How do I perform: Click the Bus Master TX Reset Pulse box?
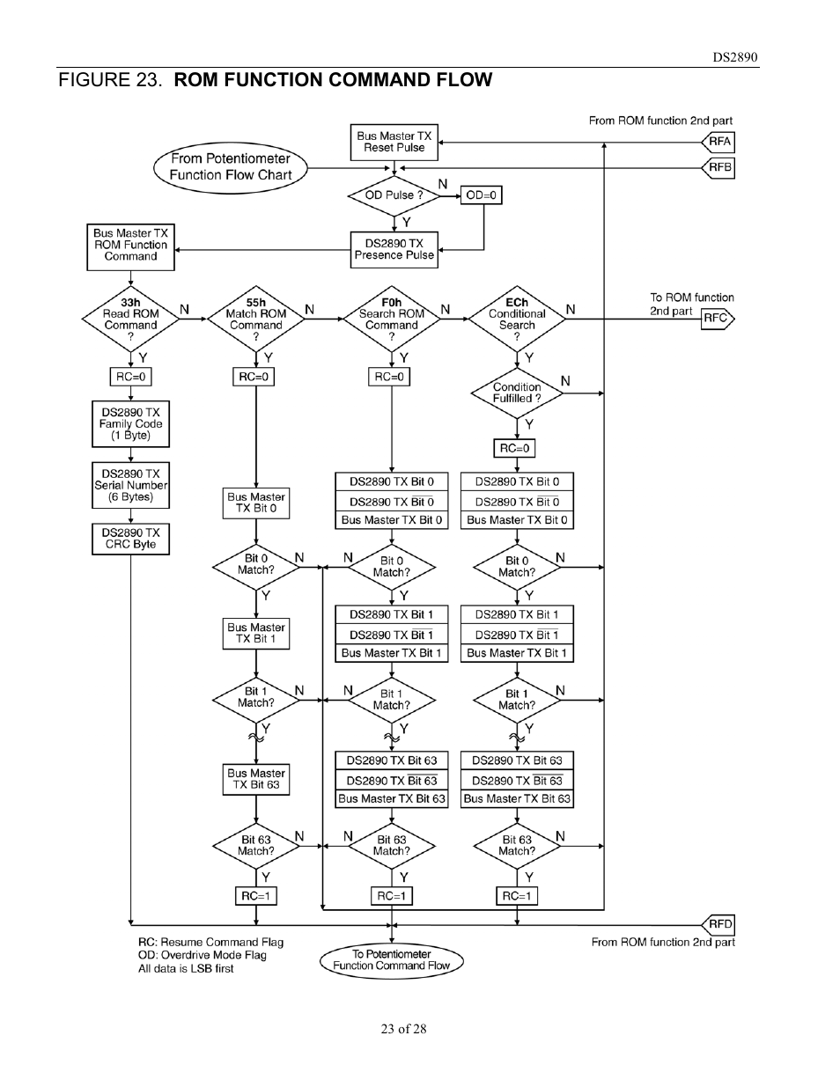pos(394,142)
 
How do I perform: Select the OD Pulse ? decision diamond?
pos(394,195)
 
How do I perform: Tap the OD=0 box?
pos(481,195)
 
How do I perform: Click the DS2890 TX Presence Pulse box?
pos(394,250)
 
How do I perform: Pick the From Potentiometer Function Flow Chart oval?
pos(231,167)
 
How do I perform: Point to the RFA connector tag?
pos(718,142)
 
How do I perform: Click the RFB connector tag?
pos(718,167)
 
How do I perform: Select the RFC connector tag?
pos(716,319)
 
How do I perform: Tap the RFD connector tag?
pos(718,924)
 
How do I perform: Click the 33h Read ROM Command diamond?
pos(130,319)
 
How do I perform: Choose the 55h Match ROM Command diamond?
pos(255,319)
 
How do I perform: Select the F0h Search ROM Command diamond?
pos(391,319)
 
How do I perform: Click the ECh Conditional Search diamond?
pos(517,319)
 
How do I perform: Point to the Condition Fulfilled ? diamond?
pos(517,393)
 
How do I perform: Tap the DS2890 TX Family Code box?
pos(130,423)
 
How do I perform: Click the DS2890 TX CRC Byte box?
pos(130,539)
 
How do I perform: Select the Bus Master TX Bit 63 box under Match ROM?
pos(255,779)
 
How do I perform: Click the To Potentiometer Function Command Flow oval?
pos(391,959)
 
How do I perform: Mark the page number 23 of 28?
pos(403,1029)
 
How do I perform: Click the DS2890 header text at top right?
pos(734,58)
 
